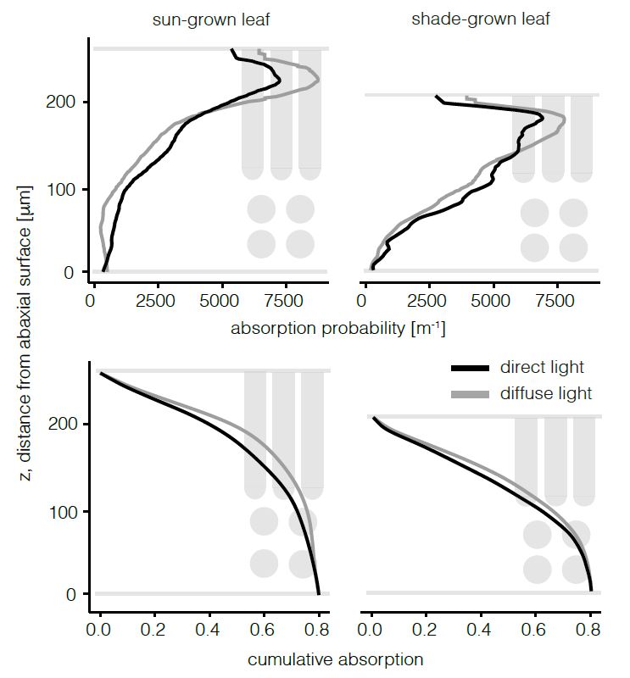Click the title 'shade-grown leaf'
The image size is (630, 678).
pyautogui.click(x=480, y=19)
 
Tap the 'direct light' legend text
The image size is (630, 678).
pyautogui.click(x=542, y=368)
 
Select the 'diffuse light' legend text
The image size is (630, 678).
pyautogui.click(x=546, y=393)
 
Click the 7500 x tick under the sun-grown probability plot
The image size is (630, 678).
pyautogui.click(x=285, y=301)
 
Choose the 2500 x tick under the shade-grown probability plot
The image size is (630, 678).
pyautogui.click(x=427, y=301)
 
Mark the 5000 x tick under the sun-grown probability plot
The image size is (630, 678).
pyautogui.click(x=220, y=301)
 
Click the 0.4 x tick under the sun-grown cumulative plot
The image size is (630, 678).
pyautogui.click(x=209, y=631)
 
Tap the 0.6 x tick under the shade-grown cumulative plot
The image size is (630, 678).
pyautogui.click(x=534, y=631)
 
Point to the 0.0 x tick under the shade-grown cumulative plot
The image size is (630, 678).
pyautogui.click(x=371, y=631)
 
